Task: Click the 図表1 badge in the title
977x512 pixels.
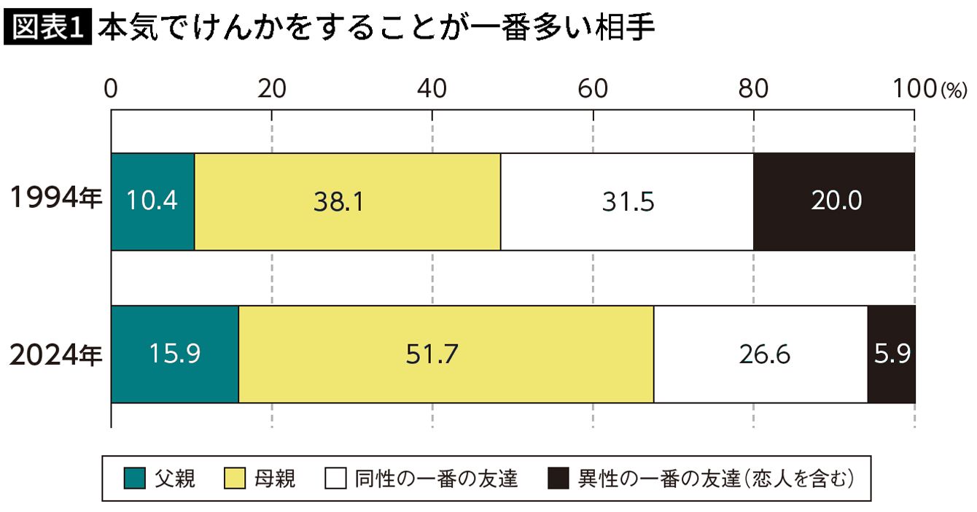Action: (x=47, y=27)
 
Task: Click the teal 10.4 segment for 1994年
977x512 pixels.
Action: (x=152, y=201)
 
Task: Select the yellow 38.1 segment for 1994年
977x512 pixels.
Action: (x=348, y=201)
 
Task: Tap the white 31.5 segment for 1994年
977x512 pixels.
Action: (x=627, y=201)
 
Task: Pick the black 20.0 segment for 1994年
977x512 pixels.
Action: (x=834, y=201)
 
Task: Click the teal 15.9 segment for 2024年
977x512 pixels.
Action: (x=175, y=354)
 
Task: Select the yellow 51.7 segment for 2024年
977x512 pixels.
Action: (x=447, y=354)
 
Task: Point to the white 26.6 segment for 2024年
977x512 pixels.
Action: (x=761, y=354)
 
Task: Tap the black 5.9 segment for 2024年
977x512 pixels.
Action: (x=892, y=354)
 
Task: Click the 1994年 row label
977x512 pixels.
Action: (x=56, y=198)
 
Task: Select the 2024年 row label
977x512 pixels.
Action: (x=56, y=355)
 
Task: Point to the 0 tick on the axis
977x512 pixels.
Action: (x=111, y=88)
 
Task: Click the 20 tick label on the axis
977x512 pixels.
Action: (x=272, y=88)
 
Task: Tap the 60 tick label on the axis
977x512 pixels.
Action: (x=593, y=88)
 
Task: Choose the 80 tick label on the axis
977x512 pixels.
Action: (x=753, y=88)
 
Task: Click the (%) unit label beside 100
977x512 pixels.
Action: (x=954, y=90)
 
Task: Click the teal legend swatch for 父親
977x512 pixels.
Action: (x=134, y=478)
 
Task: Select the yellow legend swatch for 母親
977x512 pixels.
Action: (x=235, y=478)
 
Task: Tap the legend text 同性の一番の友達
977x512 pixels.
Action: (x=436, y=478)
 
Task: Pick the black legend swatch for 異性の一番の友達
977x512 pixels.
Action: (x=558, y=478)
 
